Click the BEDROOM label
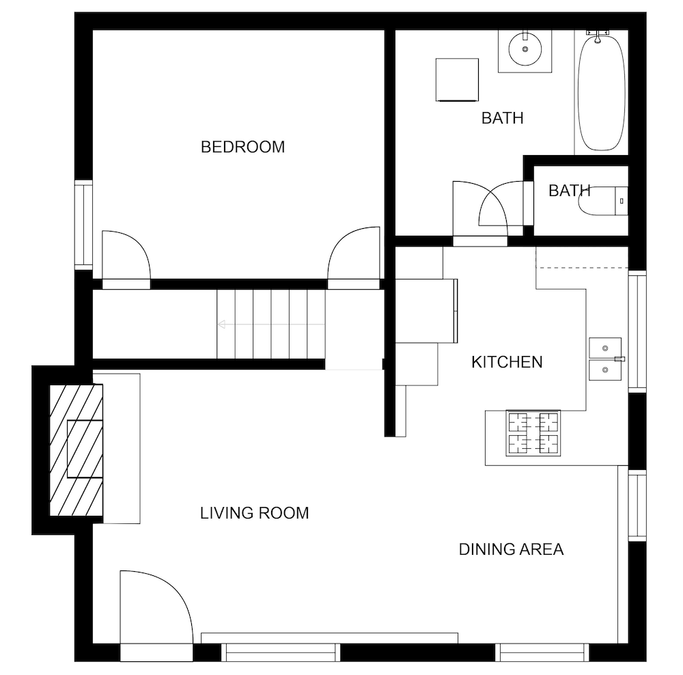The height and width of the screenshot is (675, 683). [242, 147]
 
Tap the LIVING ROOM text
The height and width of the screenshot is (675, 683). [254, 513]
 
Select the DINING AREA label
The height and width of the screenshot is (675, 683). [512, 549]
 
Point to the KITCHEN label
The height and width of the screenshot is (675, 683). [507, 362]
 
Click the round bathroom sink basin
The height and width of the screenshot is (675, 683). [525, 49]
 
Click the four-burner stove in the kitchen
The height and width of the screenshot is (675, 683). [533, 433]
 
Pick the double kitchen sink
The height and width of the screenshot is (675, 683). [605, 359]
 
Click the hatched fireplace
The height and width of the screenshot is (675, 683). [76, 450]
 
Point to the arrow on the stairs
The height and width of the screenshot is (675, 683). [271, 325]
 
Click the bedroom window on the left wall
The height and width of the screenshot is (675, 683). [83, 225]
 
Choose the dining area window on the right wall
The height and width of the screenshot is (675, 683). [637, 506]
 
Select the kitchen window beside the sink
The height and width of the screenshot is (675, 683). [637, 331]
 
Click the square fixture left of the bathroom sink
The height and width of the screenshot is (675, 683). [457, 80]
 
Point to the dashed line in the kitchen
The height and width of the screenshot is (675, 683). [582, 268]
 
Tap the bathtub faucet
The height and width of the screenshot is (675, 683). [598, 36]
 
